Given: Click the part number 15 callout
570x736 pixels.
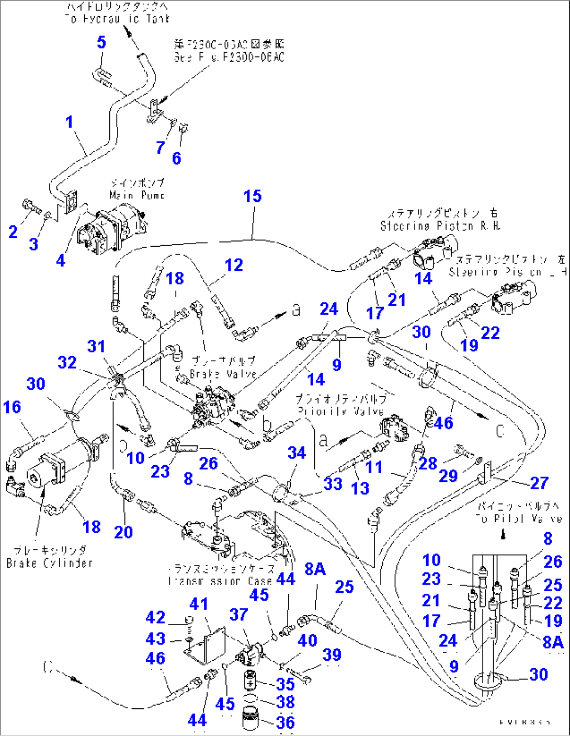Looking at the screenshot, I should pyautogui.click(x=253, y=197).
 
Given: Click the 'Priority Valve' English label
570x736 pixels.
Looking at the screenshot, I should pyautogui.click(x=341, y=411).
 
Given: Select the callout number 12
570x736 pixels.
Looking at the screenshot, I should pyautogui.click(x=234, y=265).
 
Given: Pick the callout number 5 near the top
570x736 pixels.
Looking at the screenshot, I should pyautogui.click(x=101, y=42).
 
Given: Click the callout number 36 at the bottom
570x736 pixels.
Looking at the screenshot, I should pyautogui.click(x=286, y=722).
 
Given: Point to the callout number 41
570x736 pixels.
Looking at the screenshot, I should pyautogui.click(x=199, y=604).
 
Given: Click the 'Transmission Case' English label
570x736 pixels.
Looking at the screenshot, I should pyautogui.click(x=220, y=581).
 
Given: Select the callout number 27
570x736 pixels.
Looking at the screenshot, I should pyautogui.click(x=539, y=483).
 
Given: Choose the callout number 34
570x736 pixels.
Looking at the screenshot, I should pyautogui.click(x=297, y=453).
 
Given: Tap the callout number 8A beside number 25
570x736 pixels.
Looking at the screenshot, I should pyautogui.click(x=315, y=569).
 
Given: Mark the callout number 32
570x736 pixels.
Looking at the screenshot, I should pyautogui.click(x=67, y=363).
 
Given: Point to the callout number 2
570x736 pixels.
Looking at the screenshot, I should pyautogui.click(x=13, y=232).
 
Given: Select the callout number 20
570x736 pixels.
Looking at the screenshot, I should pyautogui.click(x=123, y=532).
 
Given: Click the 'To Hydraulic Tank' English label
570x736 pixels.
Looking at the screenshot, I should pyautogui.click(x=117, y=19).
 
